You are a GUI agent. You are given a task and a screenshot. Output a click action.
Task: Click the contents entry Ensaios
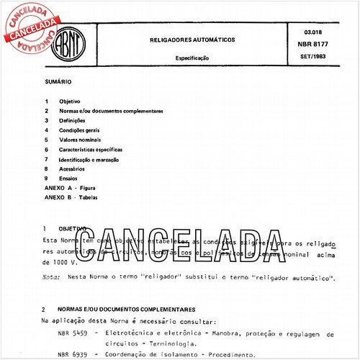click(70, 177)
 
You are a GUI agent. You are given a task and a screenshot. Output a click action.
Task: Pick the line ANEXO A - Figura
click(70, 186)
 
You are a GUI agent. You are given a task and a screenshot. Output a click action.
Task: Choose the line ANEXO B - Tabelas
click(71, 196)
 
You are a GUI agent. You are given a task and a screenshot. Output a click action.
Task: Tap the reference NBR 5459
click(72, 334)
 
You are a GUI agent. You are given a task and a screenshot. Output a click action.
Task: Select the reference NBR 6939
click(72, 354)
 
